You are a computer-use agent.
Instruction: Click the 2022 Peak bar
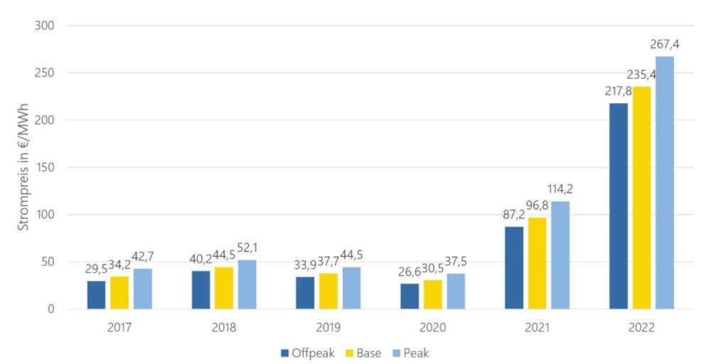pyautogui.click(x=665, y=183)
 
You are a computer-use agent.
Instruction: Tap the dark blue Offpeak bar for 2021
pyautogui.click(x=514, y=267)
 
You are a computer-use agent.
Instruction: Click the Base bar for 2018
pyautogui.click(x=224, y=288)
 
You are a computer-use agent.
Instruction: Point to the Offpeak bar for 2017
pyautogui.click(x=97, y=295)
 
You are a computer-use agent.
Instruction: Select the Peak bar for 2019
pyautogui.click(x=351, y=288)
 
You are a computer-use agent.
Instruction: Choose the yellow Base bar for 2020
pyautogui.click(x=433, y=294)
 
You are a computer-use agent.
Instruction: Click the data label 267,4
pyautogui.click(x=665, y=45)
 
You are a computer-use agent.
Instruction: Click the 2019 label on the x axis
pyautogui.click(x=328, y=328)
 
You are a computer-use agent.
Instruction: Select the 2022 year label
pyautogui.click(x=642, y=328)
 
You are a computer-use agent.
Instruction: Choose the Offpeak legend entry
pyautogui.click(x=307, y=352)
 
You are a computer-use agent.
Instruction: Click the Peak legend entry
pyautogui.click(x=412, y=352)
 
